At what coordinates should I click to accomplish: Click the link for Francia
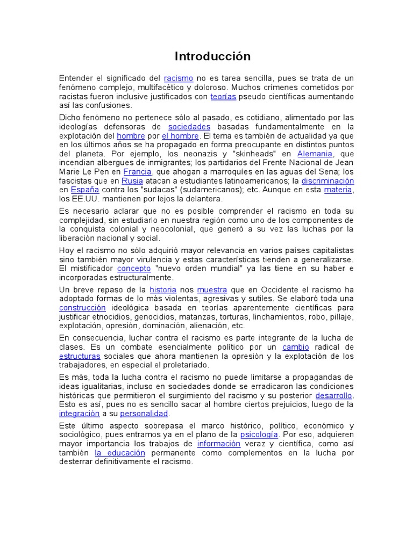(137, 171)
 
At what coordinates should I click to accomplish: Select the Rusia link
(132, 180)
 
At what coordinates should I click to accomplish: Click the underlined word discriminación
(327, 180)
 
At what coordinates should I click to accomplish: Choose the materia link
(338, 190)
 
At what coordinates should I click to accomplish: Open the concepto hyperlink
(134, 268)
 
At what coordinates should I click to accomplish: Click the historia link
(163, 290)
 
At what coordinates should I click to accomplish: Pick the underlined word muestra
(212, 290)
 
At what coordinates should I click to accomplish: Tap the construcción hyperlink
(82, 308)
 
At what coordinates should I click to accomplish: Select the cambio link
(296, 347)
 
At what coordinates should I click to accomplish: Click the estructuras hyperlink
(80, 356)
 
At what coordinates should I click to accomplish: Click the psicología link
(259, 435)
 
